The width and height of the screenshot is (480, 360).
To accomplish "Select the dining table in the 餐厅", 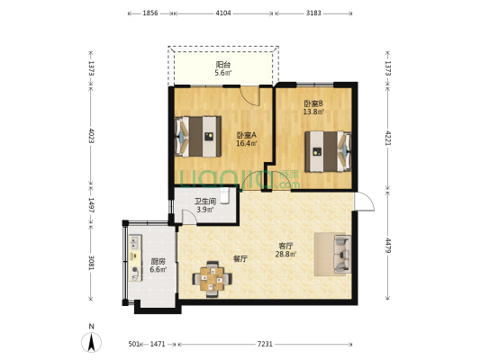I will click(213, 278).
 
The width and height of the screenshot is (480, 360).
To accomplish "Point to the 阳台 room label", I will click(222, 65).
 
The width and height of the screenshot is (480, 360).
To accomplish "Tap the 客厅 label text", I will click(284, 244).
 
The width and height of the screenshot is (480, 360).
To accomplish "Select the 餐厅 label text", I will click(240, 258).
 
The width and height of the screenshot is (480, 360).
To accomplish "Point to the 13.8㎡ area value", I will click(312, 112).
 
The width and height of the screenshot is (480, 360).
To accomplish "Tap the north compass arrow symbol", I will click(91, 342).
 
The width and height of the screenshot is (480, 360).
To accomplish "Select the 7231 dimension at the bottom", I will click(266, 344).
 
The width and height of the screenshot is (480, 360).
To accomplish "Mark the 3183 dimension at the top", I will click(315, 14).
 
